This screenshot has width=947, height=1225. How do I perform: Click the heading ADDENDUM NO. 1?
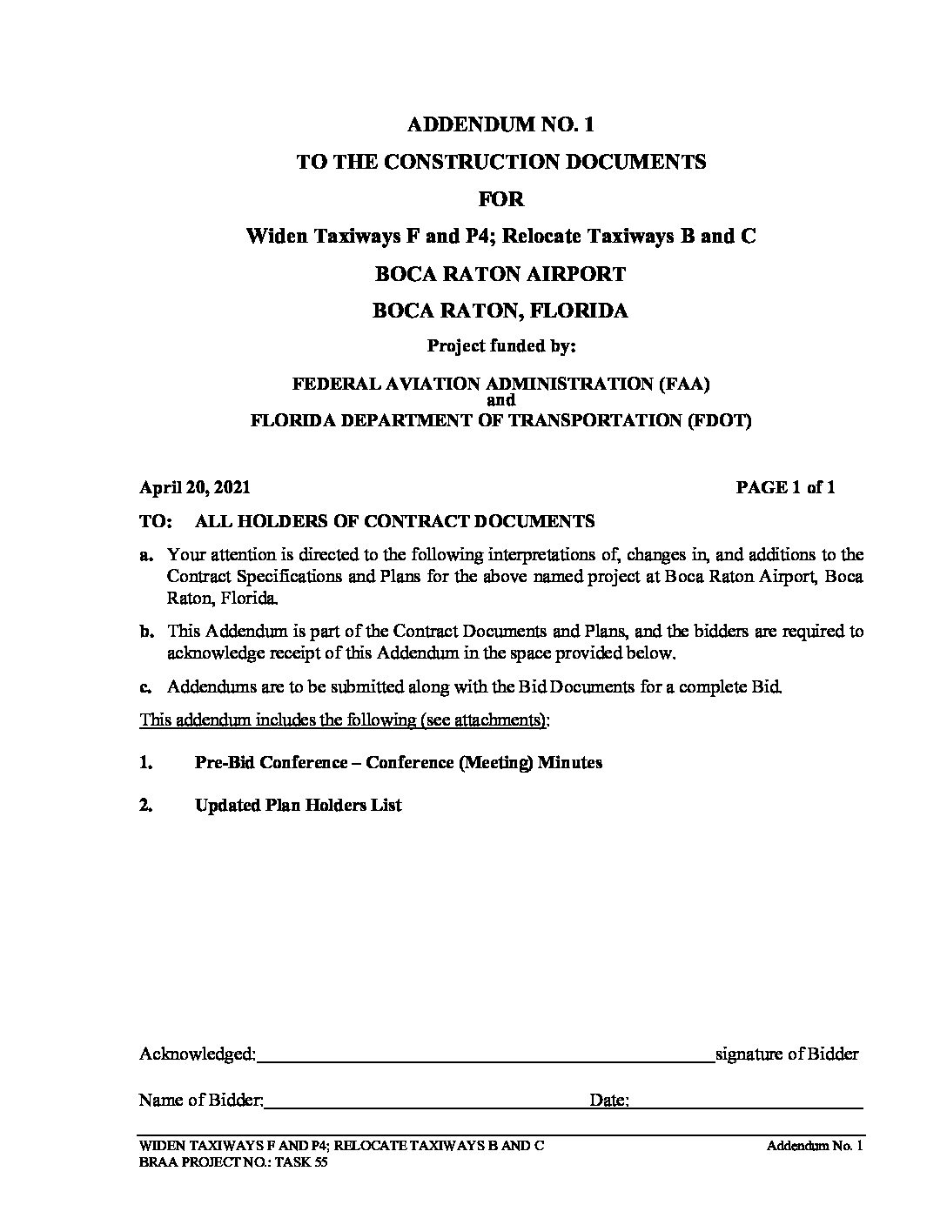[500, 124]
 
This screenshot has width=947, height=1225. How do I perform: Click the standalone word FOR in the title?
[501, 199]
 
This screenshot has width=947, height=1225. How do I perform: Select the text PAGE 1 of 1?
[785, 488]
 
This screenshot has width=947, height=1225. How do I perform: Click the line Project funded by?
[501, 346]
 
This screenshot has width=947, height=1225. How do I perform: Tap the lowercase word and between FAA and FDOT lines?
[501, 401]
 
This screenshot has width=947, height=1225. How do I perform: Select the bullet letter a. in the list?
[146, 555]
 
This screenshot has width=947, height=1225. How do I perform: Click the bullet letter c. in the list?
[146, 687]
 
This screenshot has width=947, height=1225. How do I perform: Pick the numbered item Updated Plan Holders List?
[298, 806]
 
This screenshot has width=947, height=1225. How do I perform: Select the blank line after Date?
[745, 1103]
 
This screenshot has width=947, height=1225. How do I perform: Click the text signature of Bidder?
[787, 1054]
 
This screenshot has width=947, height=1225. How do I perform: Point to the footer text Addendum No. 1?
[814, 1147]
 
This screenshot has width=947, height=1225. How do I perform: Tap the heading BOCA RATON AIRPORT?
[500, 274]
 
